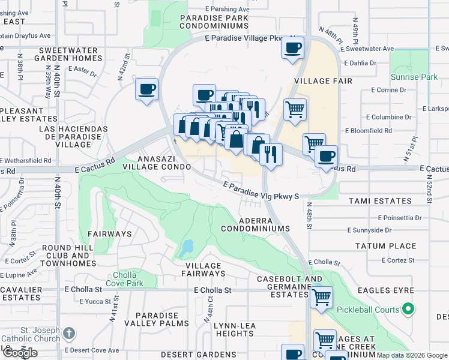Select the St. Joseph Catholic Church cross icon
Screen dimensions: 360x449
(70, 333)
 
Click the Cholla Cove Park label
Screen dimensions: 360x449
(127, 279)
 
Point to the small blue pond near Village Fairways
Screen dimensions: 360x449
(187, 247)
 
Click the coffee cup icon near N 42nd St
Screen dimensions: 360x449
(146, 90)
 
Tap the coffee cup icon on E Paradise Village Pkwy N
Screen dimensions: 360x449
(292, 48)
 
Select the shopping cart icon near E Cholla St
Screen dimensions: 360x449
(322, 296)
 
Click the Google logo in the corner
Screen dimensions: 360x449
(20, 353)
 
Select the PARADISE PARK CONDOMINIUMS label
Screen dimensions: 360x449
(214, 22)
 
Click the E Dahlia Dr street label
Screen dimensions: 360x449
(360, 62)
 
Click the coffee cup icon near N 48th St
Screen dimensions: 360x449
(326, 157)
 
